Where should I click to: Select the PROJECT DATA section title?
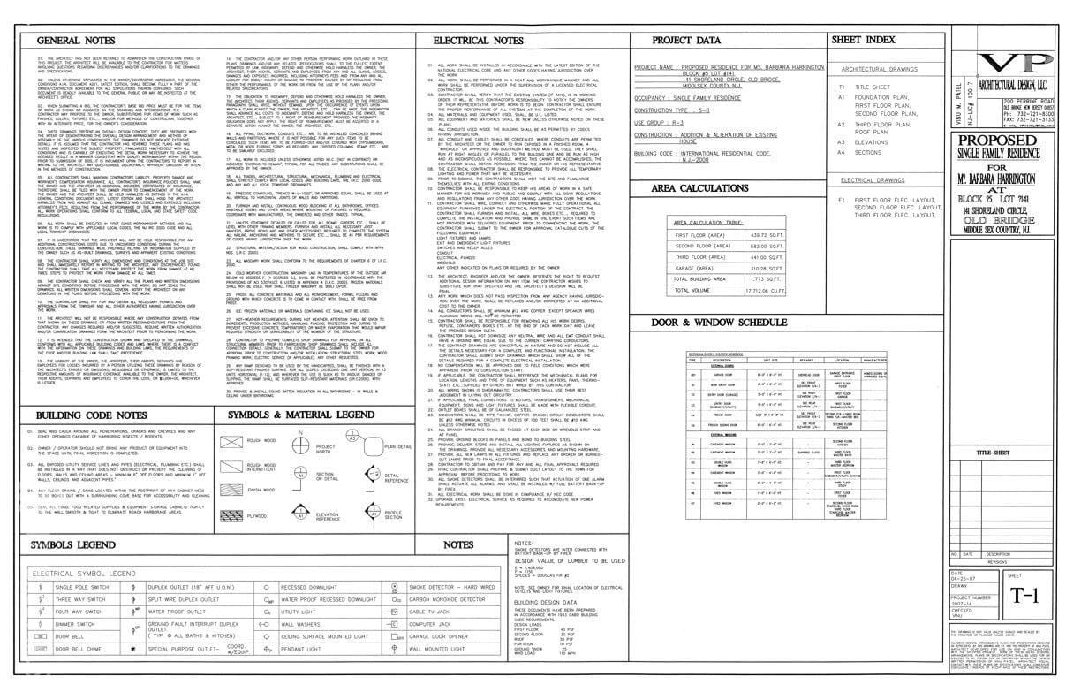tap(686, 41)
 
